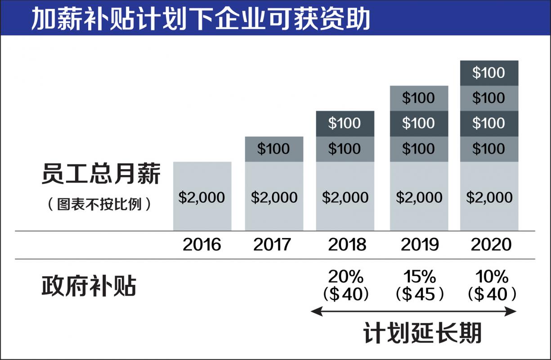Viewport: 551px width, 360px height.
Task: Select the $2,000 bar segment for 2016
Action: pyautogui.click(x=202, y=197)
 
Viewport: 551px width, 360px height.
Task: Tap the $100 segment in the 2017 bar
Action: pyautogui.click(x=274, y=149)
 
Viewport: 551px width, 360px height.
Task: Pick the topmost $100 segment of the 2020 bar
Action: pyautogui.click(x=489, y=73)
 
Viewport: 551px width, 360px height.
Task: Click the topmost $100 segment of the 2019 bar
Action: pyautogui.click(x=419, y=98)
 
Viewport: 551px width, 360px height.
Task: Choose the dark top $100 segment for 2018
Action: pyautogui.click(x=345, y=123)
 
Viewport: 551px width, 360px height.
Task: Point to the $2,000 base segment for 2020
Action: pyautogui.click(x=489, y=197)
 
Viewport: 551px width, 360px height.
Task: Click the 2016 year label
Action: pyautogui.click(x=202, y=244)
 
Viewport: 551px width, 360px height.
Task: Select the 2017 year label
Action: pyautogui.click(x=273, y=244)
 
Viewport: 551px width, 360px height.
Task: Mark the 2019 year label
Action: pyautogui.click(x=420, y=244)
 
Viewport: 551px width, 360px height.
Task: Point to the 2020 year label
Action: pyautogui.click(x=491, y=244)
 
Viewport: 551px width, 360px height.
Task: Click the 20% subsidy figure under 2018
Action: pyautogui.click(x=345, y=276)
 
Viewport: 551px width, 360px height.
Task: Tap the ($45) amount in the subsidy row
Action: pyautogui.click(x=419, y=294)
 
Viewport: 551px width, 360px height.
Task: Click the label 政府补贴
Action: pyautogui.click(x=89, y=285)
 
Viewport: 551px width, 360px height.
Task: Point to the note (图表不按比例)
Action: pyautogui.click(x=99, y=204)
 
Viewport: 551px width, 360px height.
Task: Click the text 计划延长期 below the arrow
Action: pyautogui.click(x=422, y=333)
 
